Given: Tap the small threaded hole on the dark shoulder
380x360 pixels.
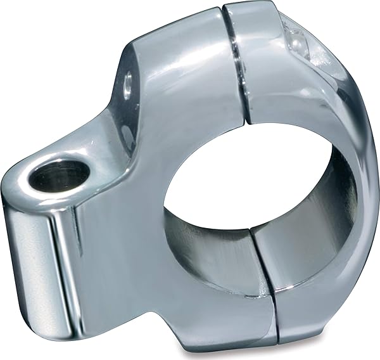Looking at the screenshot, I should (130, 80).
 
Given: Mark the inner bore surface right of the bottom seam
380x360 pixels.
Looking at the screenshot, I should (298, 254).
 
